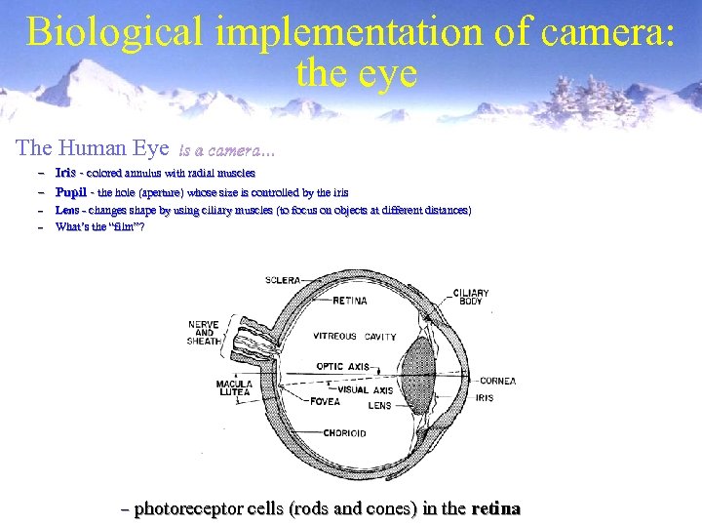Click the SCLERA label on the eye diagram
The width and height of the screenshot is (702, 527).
click(x=283, y=280)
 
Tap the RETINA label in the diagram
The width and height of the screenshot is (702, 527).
click(x=350, y=301)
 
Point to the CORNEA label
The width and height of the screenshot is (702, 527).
click(x=497, y=381)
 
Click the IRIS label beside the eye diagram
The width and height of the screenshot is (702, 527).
click(x=485, y=398)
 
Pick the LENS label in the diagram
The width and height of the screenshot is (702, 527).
click(x=379, y=404)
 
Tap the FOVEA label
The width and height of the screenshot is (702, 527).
click(x=326, y=401)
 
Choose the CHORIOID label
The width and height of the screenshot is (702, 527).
click(x=345, y=433)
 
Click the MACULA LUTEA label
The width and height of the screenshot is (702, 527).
click(x=234, y=387)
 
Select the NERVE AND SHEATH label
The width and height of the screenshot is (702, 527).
click(x=203, y=333)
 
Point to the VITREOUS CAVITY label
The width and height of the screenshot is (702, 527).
click(x=354, y=337)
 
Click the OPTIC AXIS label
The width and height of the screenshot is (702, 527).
click(x=343, y=367)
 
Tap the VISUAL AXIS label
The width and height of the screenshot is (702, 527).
click(x=371, y=390)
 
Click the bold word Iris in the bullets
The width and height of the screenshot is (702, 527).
click(x=66, y=173)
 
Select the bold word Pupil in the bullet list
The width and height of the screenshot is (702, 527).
click(x=71, y=192)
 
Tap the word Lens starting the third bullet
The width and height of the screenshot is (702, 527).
click(x=67, y=210)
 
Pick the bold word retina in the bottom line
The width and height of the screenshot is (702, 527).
click(x=495, y=508)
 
